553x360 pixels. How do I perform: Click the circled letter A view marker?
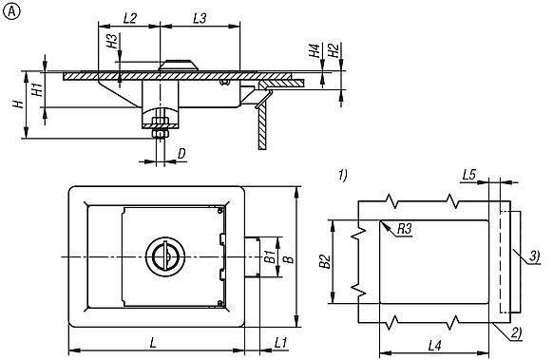click(11, 12)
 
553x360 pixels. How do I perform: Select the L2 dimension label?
click(130, 18)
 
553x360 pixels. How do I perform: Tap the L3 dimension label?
click(200, 18)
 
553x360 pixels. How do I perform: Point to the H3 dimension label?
click(112, 41)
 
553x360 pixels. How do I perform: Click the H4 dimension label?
click(315, 50)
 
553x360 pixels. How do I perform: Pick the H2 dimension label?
click(334, 50)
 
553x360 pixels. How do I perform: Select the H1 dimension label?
click(37, 89)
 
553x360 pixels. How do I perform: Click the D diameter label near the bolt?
click(181, 154)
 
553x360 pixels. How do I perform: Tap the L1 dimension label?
click(281, 342)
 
